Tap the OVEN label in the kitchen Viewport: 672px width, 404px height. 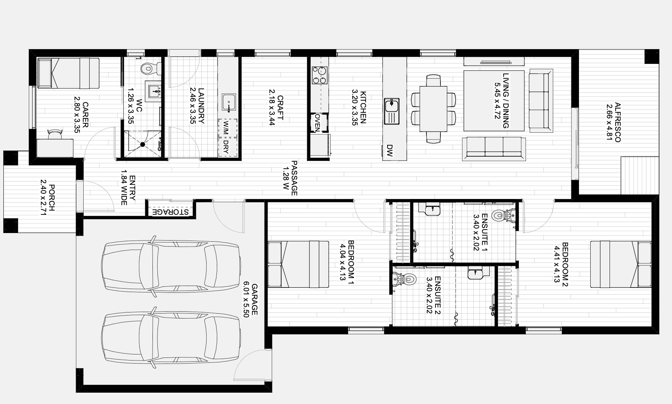[x=317, y=123]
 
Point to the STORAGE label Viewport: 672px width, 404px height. [x=170, y=212]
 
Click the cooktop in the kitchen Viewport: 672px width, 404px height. [x=319, y=75]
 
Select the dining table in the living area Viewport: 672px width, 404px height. [x=433, y=108]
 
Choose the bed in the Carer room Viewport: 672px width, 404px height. [x=68, y=73]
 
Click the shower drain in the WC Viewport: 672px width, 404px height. [x=143, y=144]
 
